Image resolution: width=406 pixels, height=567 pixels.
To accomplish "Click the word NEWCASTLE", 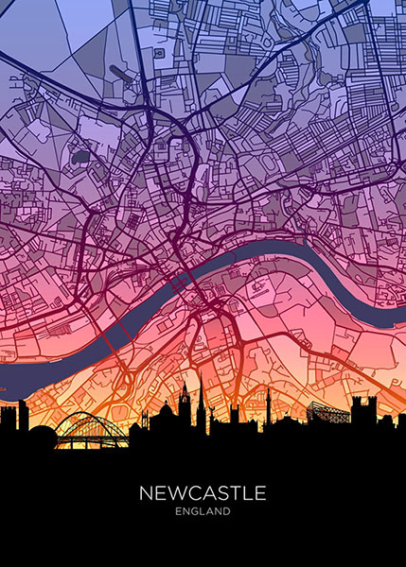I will tap(203, 493).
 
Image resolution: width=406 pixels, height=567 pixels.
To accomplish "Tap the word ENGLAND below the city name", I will tap(203, 512).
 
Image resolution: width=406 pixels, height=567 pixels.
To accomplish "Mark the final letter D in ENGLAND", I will tap(227, 512).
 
